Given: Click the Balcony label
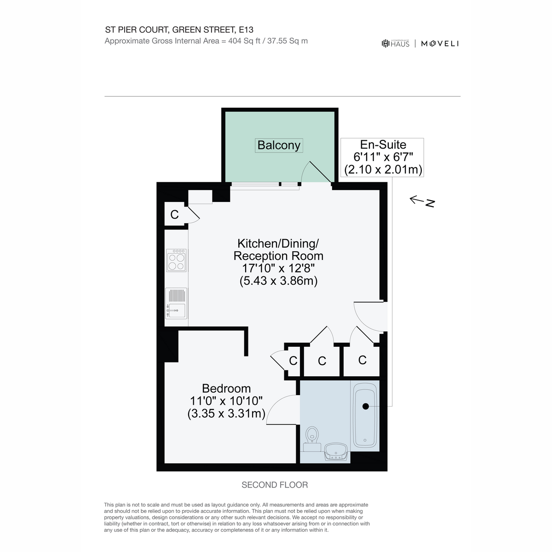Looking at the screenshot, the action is coord(278,145).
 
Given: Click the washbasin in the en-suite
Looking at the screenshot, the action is coord(336,452).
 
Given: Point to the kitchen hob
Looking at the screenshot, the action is coord(176,260).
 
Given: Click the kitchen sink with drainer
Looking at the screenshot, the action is coord(176,303).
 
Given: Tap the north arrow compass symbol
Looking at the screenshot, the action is coord(422,201).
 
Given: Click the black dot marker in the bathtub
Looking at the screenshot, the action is coord(366,406).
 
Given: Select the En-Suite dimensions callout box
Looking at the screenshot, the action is coord(382,157).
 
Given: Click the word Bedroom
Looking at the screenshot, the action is coord(226,388).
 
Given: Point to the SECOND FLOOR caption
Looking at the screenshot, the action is coord(275,485).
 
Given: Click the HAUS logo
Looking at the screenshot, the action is coord(395,43).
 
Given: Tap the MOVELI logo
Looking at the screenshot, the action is coord(440,44).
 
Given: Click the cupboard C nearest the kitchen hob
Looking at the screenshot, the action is coord(174,214).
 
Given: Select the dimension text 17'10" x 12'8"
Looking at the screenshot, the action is coord(278,268).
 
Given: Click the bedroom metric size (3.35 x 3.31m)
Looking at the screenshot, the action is coord(226,414).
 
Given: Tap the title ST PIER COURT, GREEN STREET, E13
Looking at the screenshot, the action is coord(179,30).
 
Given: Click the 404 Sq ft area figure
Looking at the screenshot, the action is coord(244,41).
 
